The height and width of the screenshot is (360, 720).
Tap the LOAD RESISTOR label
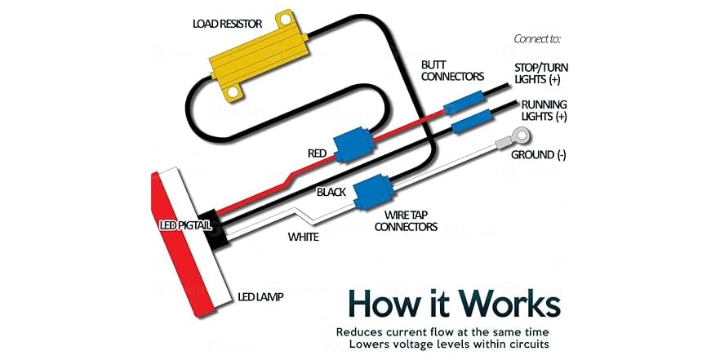coord(227,23)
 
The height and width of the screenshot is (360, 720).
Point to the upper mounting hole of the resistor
coord(286,20)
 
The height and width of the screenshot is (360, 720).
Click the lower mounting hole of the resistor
coord(233,91)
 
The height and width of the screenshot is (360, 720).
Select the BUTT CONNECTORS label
coord(452,71)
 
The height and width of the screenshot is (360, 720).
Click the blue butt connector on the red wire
coord(464,102)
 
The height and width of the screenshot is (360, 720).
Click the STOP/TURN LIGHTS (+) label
coord(541,73)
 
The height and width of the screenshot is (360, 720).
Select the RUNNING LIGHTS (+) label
coord(544,110)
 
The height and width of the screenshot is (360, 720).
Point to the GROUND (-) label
coord(539,155)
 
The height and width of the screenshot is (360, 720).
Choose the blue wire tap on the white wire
coord(373,193)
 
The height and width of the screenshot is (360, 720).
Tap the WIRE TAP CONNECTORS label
coord(409,220)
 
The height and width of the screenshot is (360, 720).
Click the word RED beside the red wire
coord(317,153)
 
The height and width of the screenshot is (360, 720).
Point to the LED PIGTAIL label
coord(184,225)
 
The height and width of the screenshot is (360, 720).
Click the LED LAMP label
coord(260,297)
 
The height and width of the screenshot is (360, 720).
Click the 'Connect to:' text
coord(537,38)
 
